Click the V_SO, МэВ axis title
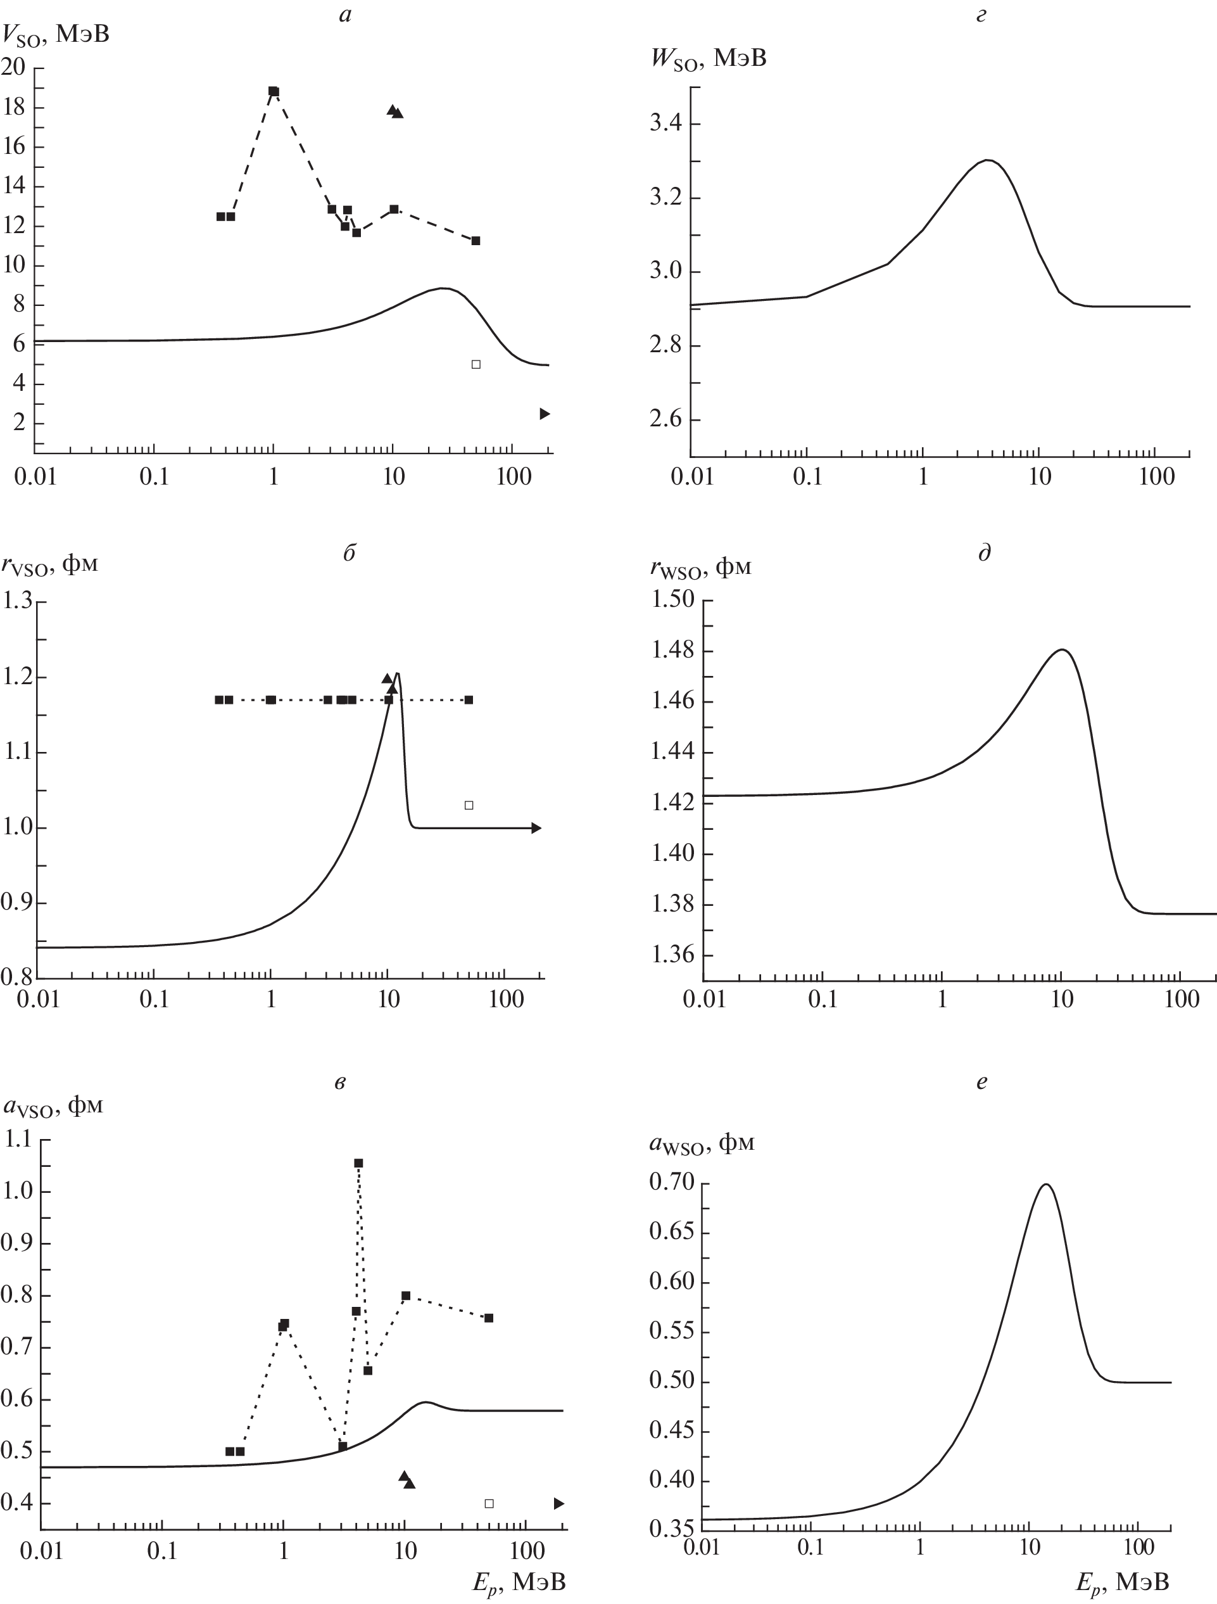[x=56, y=34]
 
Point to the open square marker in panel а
[x=476, y=364]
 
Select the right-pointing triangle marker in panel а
[x=545, y=413]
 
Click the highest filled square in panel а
[x=274, y=91]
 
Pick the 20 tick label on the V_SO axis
[x=14, y=67]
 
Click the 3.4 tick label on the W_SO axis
[x=665, y=124]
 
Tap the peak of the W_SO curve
[x=987, y=160]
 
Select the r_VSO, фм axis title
[x=51, y=565]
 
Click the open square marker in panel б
[x=469, y=805]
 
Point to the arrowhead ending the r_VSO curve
[x=536, y=828]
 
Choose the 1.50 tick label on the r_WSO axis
[x=672, y=600]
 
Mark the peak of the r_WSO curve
[x=1062, y=650]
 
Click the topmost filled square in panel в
[x=358, y=1163]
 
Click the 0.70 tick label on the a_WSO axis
[x=671, y=1183]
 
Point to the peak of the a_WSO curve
[x=1046, y=1184]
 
